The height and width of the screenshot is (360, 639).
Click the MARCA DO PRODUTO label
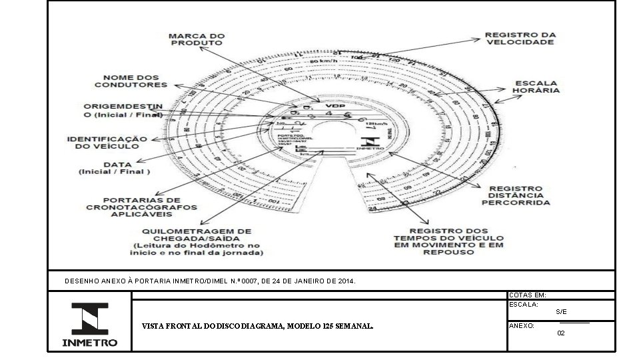(x=197, y=39)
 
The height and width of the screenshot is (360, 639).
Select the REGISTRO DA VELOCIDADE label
(x=520, y=38)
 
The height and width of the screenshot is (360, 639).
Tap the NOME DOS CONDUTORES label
(x=131, y=81)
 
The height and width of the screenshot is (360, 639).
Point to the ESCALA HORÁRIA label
(x=536, y=86)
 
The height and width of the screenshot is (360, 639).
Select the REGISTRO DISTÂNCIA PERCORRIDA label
(x=516, y=195)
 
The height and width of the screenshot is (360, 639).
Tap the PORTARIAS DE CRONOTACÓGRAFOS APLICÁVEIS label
(x=142, y=207)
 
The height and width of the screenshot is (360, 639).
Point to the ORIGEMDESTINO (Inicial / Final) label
(x=123, y=111)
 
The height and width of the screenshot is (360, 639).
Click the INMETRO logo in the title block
(x=90, y=325)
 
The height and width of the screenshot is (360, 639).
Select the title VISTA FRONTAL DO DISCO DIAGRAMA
(x=257, y=327)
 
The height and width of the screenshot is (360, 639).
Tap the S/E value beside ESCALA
(x=561, y=312)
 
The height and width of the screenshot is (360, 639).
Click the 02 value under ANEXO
(x=561, y=332)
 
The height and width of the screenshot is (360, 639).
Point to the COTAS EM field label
(x=527, y=295)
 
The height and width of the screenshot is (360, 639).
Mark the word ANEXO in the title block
(x=520, y=326)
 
